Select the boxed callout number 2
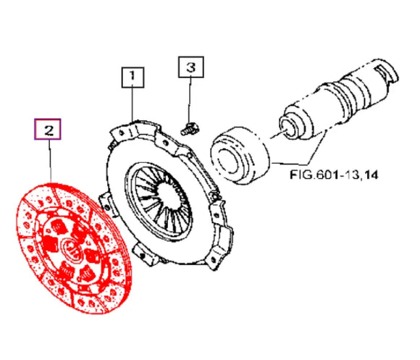point(49,130)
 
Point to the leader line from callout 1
point(133,101)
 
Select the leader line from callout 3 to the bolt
point(191,101)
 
